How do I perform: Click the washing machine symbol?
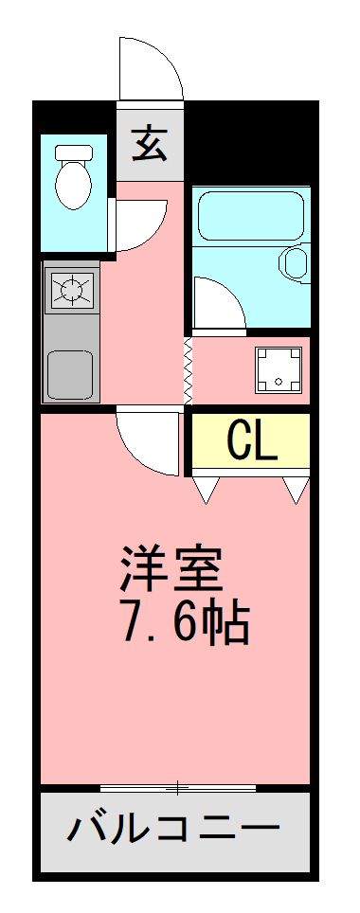[279, 370]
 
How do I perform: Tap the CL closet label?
[252, 440]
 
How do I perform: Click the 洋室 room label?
[171, 567]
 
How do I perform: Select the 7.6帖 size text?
[184, 622]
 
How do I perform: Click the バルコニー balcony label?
[174, 832]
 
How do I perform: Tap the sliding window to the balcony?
[177, 787]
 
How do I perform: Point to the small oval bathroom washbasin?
[296, 264]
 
